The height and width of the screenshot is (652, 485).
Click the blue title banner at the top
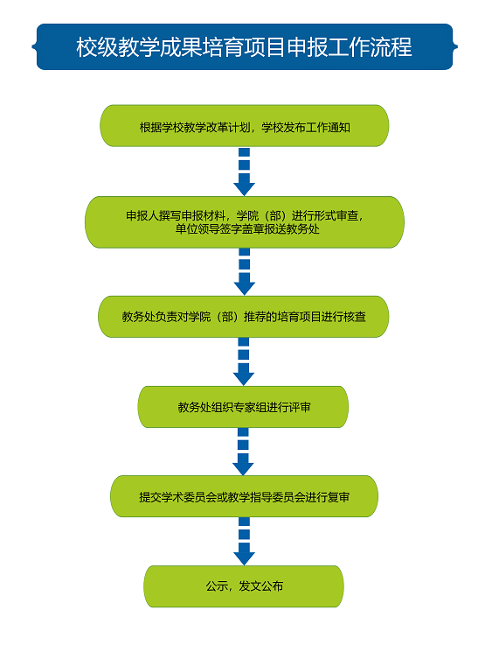click(x=245, y=46)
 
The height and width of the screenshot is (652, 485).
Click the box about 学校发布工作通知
click(x=244, y=126)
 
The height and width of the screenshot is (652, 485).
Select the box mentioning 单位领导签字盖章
click(x=245, y=222)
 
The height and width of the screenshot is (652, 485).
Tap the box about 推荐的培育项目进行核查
click(x=243, y=317)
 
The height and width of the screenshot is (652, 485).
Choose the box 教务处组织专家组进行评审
click(x=243, y=407)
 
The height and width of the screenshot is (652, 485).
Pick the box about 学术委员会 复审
click(x=244, y=496)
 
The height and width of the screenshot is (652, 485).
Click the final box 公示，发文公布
click(x=244, y=586)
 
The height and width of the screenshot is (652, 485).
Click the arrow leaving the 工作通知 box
click(x=244, y=172)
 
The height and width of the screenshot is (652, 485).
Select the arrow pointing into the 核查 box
click(x=244, y=272)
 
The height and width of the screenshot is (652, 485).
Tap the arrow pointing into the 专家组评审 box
click(x=243, y=361)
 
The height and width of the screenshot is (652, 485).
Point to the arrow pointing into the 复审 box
click(x=243, y=452)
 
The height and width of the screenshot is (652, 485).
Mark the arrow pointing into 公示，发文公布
click(x=244, y=542)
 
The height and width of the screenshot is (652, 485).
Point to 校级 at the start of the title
click(x=97, y=46)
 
